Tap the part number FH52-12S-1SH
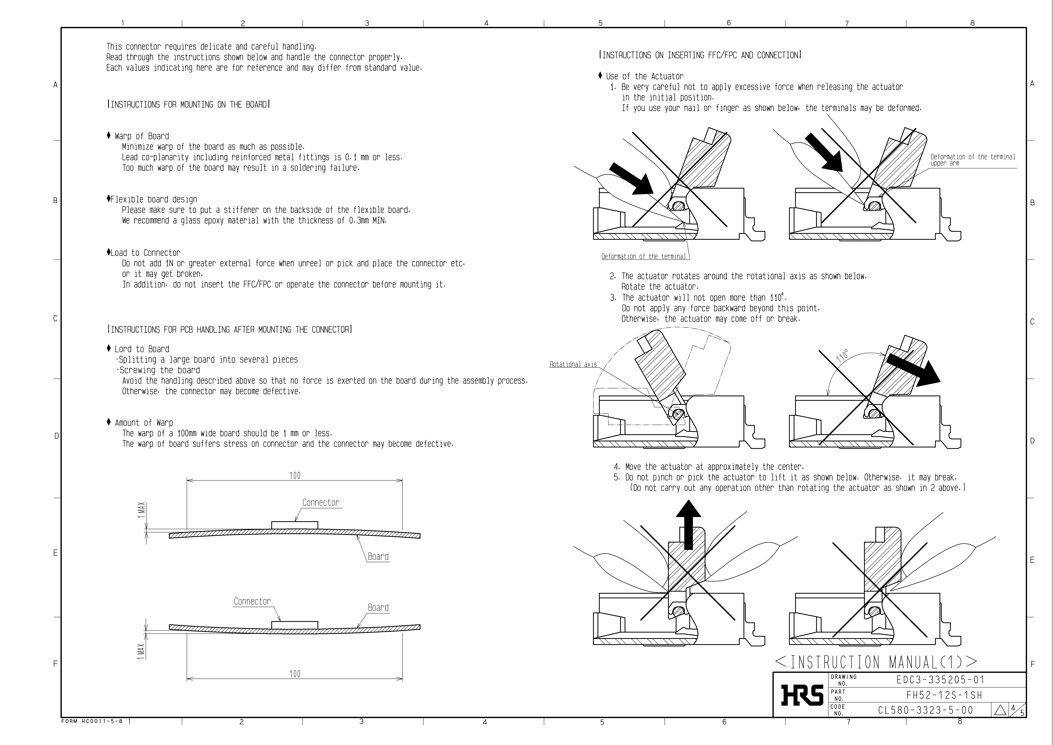coord(944,695)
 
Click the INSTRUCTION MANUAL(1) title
coord(876,662)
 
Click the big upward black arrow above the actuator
coord(688,524)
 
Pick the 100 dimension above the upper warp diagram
coord(295,476)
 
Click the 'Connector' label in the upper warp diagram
coord(321,503)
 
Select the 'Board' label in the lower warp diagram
coord(378,608)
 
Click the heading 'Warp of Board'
coord(142,136)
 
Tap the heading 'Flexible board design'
coord(153,200)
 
